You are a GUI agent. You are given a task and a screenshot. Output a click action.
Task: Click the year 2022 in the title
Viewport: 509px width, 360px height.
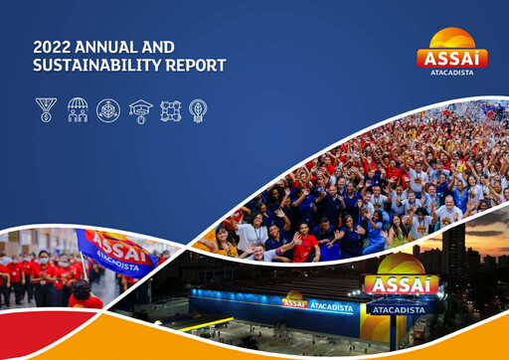tap(51, 46)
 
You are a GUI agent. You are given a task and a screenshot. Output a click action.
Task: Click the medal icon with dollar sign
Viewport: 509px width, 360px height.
tap(46, 109)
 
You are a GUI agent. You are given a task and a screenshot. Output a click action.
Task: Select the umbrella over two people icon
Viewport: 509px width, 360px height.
tap(77, 109)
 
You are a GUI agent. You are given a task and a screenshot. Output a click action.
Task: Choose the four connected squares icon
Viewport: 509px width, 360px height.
tap(170, 109)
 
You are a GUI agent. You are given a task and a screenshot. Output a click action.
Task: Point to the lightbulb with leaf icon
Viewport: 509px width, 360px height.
tap(198, 109)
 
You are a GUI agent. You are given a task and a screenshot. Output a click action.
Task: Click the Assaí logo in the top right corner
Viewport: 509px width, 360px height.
tap(451, 49)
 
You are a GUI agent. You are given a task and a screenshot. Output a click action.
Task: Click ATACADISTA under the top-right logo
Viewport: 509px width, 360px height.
tap(452, 72)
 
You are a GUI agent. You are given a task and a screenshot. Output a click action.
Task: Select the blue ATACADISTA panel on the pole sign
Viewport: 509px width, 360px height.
tap(400, 308)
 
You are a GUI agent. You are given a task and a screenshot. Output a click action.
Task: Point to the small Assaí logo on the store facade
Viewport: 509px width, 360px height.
tap(294, 303)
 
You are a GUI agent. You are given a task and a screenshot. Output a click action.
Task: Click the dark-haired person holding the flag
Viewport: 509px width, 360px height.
tap(83, 294)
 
